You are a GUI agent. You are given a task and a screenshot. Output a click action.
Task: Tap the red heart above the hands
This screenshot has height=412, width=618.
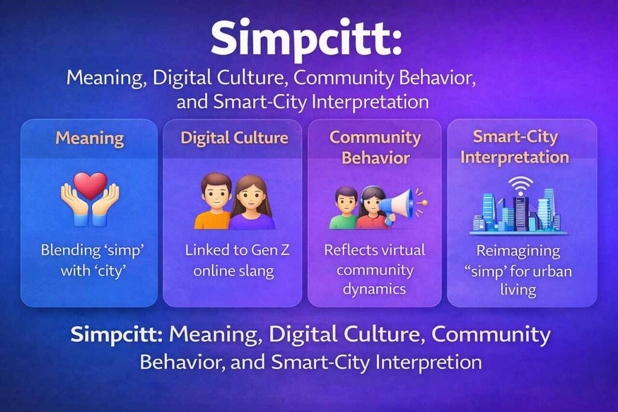tap(90, 184)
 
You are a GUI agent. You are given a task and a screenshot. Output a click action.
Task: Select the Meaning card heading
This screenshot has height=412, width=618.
tap(90, 138)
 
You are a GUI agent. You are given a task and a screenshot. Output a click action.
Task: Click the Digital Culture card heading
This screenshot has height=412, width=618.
tap(234, 138)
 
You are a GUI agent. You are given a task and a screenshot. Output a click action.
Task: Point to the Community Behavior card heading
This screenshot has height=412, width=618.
tap(375, 147)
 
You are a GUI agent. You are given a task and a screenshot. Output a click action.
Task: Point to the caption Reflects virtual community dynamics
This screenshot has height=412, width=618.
tap(375, 269)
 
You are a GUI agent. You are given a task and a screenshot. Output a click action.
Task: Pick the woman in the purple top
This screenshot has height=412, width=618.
tap(253, 204)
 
